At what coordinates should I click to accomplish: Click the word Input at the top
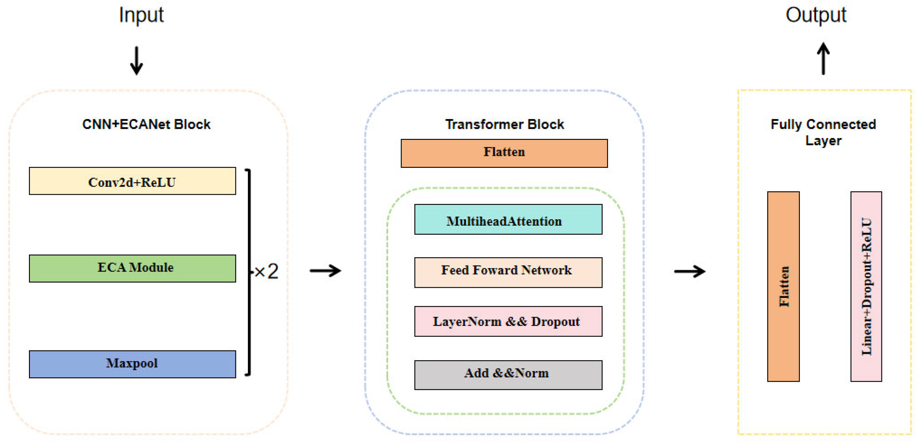tap(141, 15)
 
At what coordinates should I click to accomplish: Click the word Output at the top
tap(816, 15)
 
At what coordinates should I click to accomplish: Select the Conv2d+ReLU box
tap(132, 181)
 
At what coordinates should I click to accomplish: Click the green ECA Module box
tap(132, 268)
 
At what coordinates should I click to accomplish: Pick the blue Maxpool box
tap(132, 364)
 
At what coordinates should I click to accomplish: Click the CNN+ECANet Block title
tap(146, 124)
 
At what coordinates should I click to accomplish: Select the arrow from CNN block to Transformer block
tap(325, 271)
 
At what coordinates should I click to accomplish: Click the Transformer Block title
tap(504, 124)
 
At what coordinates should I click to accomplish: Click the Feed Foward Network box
tap(508, 272)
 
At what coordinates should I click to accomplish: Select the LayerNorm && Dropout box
tap(508, 321)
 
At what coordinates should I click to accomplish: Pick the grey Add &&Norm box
tap(508, 375)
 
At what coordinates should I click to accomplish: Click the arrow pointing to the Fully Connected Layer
tap(689, 271)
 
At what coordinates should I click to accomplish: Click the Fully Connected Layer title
tap(823, 132)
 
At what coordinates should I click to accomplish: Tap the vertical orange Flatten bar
tap(783, 286)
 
